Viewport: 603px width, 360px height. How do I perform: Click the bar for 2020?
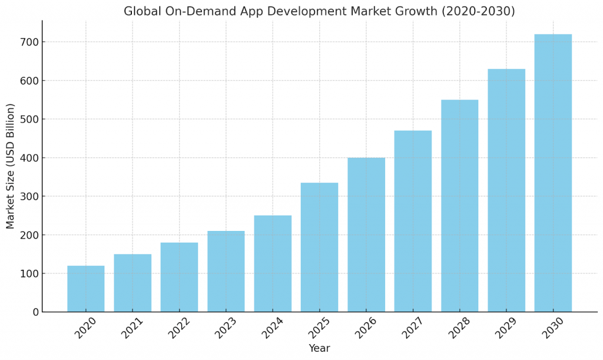(86, 289)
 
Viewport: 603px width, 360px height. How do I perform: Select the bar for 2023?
(226, 272)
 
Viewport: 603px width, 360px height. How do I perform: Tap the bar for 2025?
(319, 247)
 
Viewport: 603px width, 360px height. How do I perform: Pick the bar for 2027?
(413, 222)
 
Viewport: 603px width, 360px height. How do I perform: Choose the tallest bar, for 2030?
(553, 173)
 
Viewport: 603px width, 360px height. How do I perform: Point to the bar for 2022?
(179, 278)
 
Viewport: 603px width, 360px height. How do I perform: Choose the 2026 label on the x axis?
(365, 327)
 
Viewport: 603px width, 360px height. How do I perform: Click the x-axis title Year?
(319, 349)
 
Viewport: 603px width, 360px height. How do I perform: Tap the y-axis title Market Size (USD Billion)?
(11, 166)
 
